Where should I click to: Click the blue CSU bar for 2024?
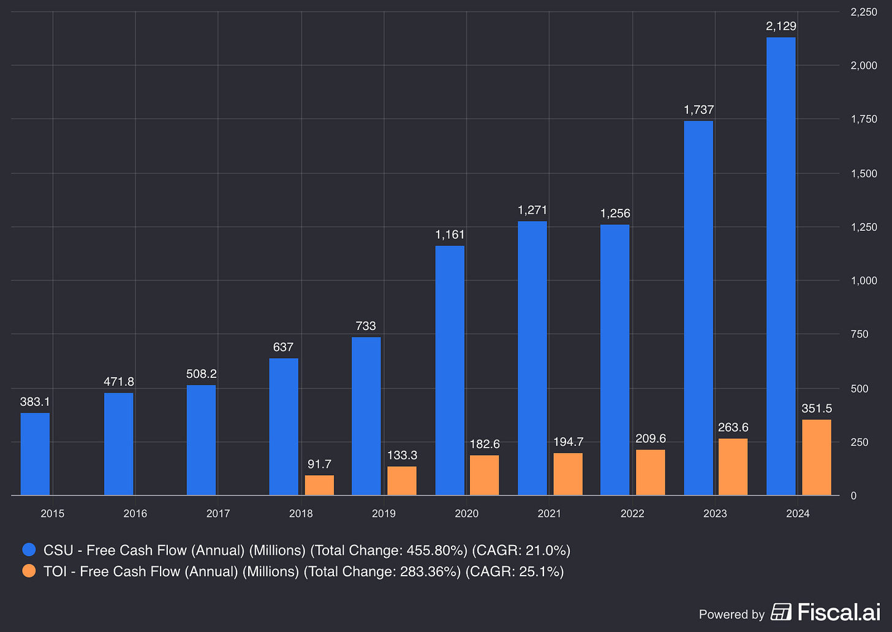click(x=781, y=266)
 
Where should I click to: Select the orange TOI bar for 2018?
click(x=319, y=485)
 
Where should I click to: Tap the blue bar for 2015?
click(x=35, y=454)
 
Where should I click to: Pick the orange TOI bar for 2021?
click(x=568, y=474)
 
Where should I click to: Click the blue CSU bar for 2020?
click(x=450, y=371)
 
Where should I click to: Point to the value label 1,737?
click(x=698, y=110)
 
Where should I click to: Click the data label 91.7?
click(x=319, y=464)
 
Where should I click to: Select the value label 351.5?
click(x=816, y=408)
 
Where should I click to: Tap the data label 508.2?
click(x=202, y=374)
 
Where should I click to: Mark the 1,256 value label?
click(x=615, y=214)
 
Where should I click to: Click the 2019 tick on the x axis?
click(x=384, y=513)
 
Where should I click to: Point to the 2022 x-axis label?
click(x=632, y=513)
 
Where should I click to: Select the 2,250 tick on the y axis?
click(x=864, y=12)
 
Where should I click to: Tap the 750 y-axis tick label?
click(x=860, y=334)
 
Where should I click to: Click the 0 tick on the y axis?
click(x=853, y=495)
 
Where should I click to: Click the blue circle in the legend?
click(x=29, y=549)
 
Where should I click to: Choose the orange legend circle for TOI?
click(x=29, y=571)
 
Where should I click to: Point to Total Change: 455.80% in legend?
click(x=388, y=551)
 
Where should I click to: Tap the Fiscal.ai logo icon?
click(x=781, y=612)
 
